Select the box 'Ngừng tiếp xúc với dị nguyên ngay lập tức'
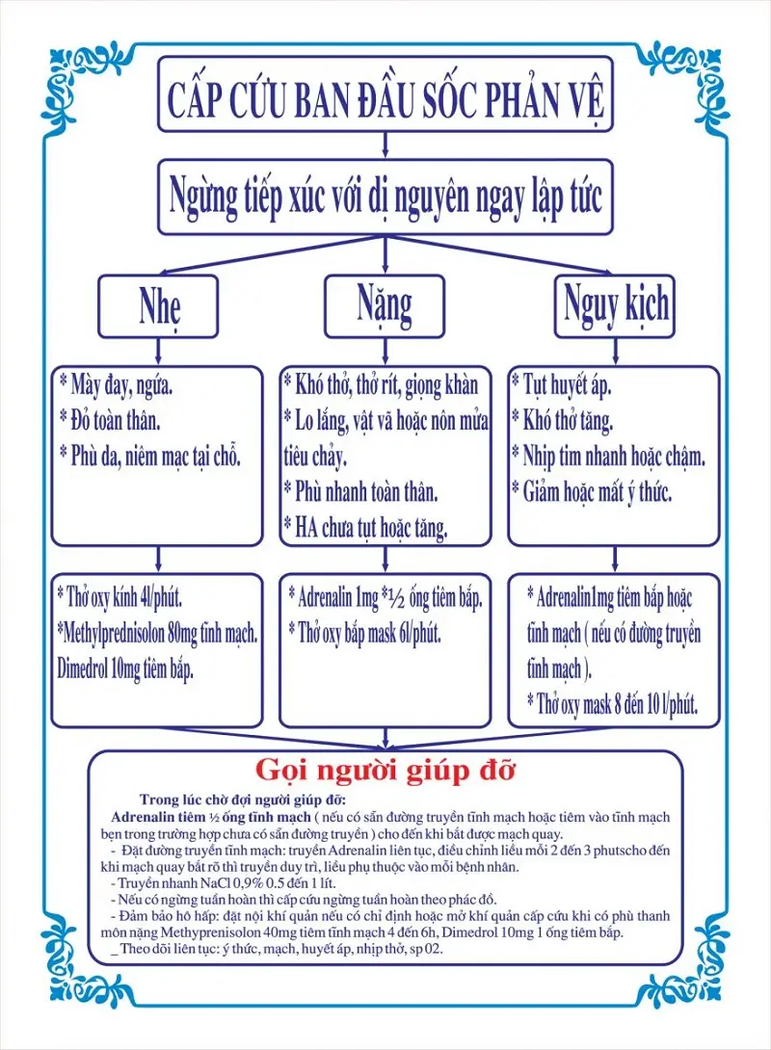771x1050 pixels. pos(385,197)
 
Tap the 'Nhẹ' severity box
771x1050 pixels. pos(157,306)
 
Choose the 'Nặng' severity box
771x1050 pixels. pos(384,304)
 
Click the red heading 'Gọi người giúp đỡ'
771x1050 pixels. pos(385,771)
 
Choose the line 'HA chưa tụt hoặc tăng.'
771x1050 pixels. pos(370,527)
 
